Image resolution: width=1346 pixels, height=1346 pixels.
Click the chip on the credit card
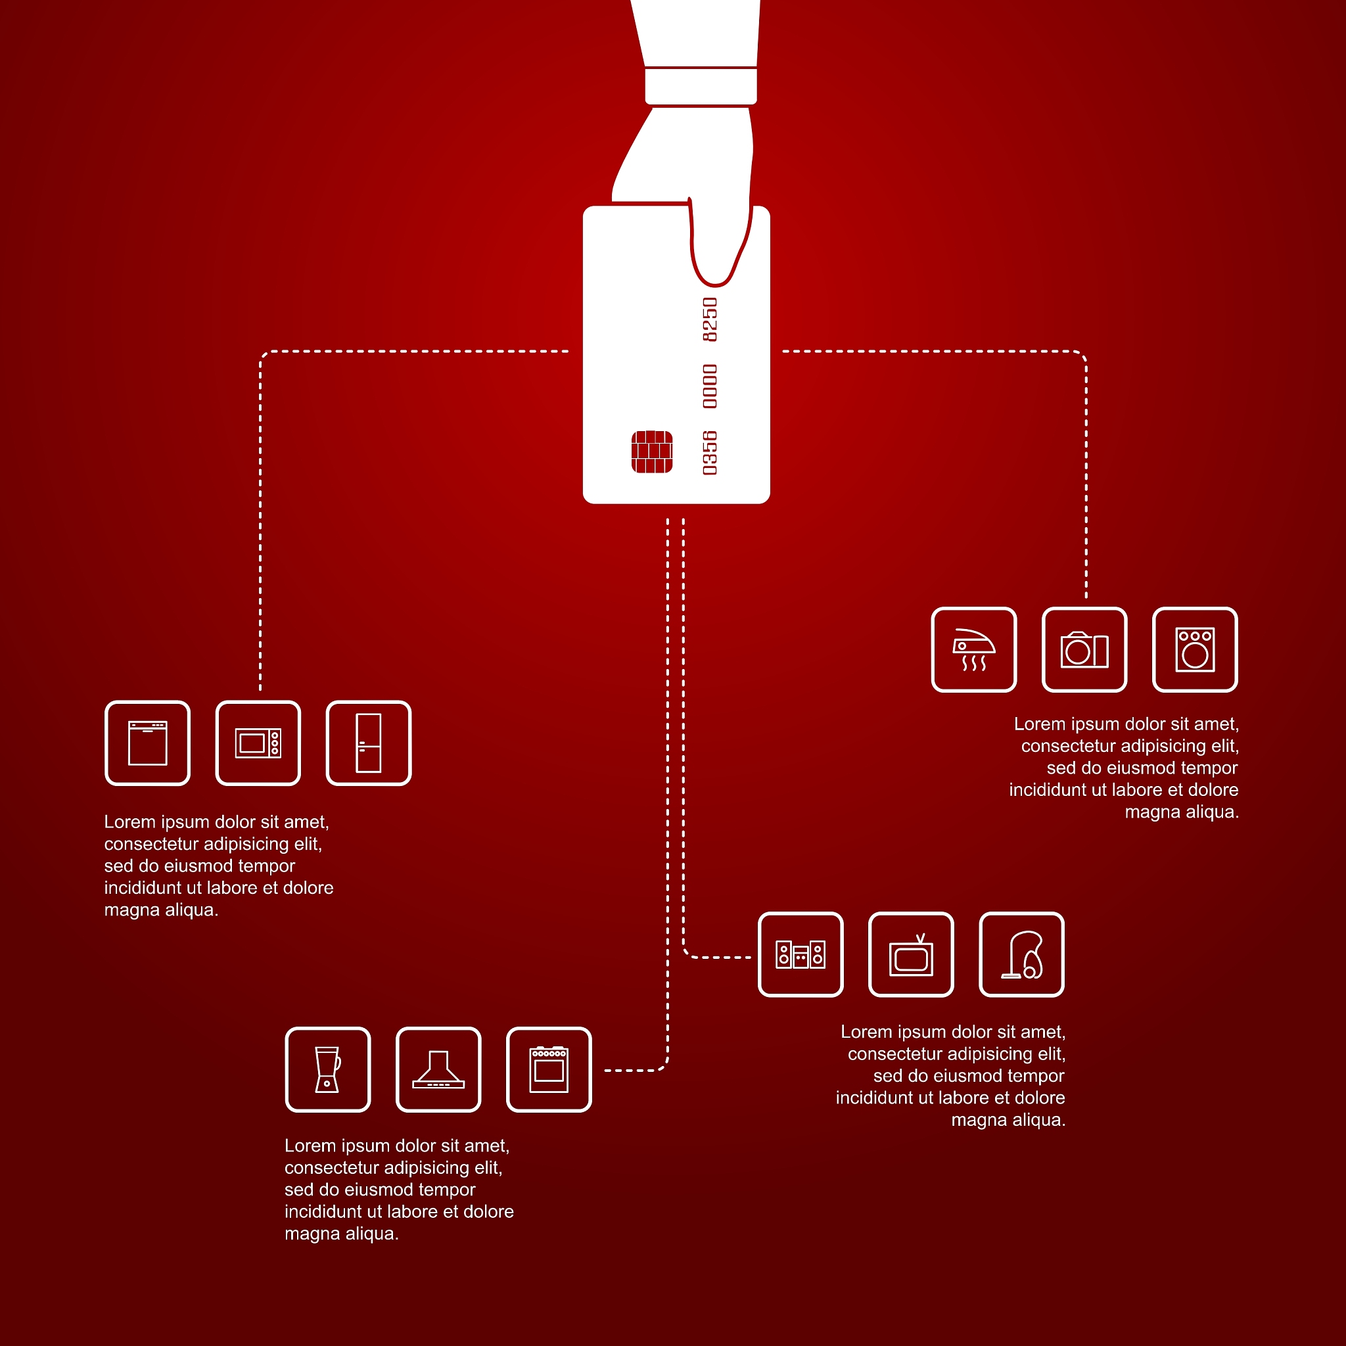651,452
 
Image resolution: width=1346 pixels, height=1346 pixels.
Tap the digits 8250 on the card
709,319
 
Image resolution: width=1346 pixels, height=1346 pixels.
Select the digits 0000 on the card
709,386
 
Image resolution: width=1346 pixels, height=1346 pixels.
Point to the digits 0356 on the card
709,453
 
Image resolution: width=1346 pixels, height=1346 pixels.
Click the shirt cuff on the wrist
700,85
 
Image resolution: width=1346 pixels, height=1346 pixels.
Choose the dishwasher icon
148,743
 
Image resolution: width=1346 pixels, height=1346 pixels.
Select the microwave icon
258,743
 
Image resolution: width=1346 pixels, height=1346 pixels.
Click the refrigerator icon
369,743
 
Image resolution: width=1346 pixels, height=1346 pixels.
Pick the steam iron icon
973,649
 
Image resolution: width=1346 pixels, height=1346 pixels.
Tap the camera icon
1084,649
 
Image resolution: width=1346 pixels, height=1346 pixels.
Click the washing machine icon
1195,649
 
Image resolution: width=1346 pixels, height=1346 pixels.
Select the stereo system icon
801,954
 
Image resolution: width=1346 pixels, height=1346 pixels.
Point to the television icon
910,954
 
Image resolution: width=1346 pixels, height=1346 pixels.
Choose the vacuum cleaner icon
1021,954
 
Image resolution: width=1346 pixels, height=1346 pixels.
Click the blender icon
327,1069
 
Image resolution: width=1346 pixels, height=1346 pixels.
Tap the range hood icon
438,1069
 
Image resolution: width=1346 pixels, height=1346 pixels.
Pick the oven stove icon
549,1069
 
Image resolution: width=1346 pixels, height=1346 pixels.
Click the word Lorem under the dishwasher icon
129,822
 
